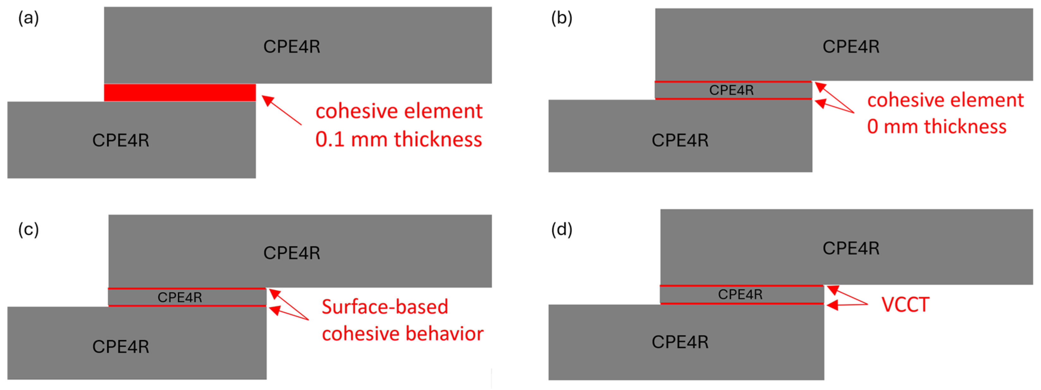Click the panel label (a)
pyautogui.click(x=28, y=19)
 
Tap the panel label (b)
pyautogui.click(x=561, y=19)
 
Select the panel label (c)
pyautogui.click(x=28, y=230)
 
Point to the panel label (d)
pyautogui.click(x=561, y=230)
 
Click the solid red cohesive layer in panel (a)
pyautogui.click(x=180, y=93)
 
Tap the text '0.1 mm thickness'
pyautogui.click(x=399, y=139)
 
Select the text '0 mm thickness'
pyautogui.click(x=936, y=127)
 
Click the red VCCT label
pyautogui.click(x=905, y=305)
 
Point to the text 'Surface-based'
pyautogui.click(x=385, y=307)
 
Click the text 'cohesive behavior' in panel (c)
pyautogui.click(x=403, y=334)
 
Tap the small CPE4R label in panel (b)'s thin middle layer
pyautogui.click(x=731, y=90)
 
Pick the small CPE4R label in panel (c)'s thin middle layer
pyautogui.click(x=180, y=297)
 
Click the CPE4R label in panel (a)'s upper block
pyautogui.click(x=291, y=46)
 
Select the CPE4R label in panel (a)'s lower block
pyautogui.click(x=120, y=140)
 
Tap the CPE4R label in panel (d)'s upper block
pyautogui.click(x=851, y=248)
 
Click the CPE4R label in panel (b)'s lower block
pyautogui.click(x=680, y=140)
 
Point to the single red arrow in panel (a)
pyautogui.click(x=282, y=110)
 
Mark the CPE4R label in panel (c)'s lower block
pyautogui.click(x=120, y=347)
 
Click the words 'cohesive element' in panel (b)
pyautogui.click(x=945, y=100)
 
